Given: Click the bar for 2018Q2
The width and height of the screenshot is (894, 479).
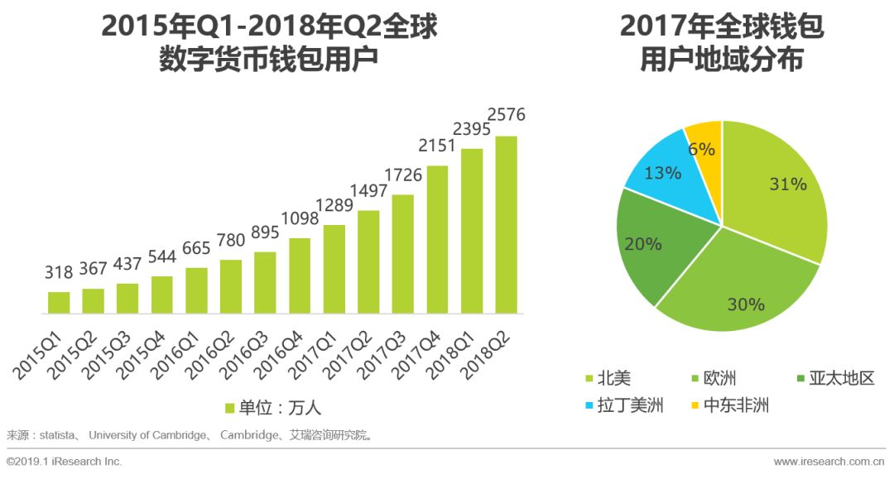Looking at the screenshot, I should pyautogui.click(x=506, y=225).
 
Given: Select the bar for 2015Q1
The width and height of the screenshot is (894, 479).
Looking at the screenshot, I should pyautogui.click(x=59, y=303).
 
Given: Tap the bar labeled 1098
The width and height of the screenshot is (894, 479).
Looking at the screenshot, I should pyautogui.click(x=300, y=276).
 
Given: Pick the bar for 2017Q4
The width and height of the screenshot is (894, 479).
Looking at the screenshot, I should pyautogui.click(x=437, y=240).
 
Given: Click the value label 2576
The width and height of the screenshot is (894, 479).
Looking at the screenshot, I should pyautogui.click(x=506, y=114).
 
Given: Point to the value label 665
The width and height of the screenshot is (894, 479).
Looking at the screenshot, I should pyautogui.click(x=196, y=248).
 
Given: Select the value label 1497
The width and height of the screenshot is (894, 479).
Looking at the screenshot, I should pyautogui.click(x=368, y=192).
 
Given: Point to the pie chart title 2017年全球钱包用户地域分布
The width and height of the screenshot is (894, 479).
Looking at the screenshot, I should pyautogui.click(x=722, y=44).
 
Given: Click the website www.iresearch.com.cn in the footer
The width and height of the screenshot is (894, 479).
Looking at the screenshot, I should pyautogui.click(x=829, y=461).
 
